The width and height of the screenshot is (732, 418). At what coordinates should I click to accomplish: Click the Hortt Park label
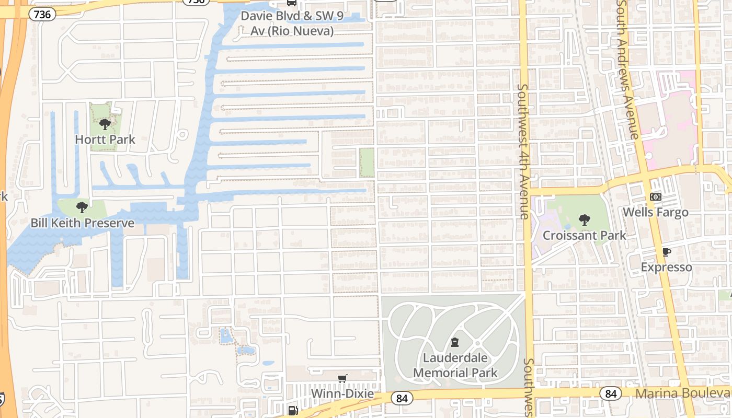pos(105,140)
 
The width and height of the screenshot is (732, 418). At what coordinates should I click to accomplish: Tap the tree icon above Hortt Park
pos(105,124)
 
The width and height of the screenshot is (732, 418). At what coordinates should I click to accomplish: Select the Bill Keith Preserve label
pos(82,223)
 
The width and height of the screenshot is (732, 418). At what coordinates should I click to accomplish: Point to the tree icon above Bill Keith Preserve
pos(82,207)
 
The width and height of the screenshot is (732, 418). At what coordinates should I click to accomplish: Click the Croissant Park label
pos(584,235)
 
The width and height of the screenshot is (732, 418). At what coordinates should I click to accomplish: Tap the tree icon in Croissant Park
pos(584,220)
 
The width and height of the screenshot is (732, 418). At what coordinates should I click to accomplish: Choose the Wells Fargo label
pos(656,212)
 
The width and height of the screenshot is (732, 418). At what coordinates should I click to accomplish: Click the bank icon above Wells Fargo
pos(655,197)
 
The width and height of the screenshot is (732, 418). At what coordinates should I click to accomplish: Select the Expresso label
pos(666,268)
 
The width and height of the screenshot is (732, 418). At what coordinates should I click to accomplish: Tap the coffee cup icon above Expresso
pos(666,252)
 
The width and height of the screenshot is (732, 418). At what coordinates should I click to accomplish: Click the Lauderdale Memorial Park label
pos(455,365)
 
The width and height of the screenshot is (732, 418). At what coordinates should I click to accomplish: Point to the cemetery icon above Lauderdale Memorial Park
pos(454,343)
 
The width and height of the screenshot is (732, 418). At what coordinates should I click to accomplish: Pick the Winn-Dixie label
pos(342,393)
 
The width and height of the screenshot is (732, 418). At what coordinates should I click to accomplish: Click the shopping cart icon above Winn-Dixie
pos(342,378)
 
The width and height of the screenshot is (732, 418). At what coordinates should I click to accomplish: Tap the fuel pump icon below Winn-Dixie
pos(293,411)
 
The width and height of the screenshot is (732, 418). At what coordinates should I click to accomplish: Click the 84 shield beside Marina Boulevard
pos(611,393)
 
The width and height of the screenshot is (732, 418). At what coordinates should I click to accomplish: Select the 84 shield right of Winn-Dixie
pos(402,399)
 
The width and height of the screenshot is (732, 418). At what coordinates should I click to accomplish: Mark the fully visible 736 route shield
pos(42,14)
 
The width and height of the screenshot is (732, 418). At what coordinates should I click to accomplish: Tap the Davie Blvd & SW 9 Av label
pos(292,24)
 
